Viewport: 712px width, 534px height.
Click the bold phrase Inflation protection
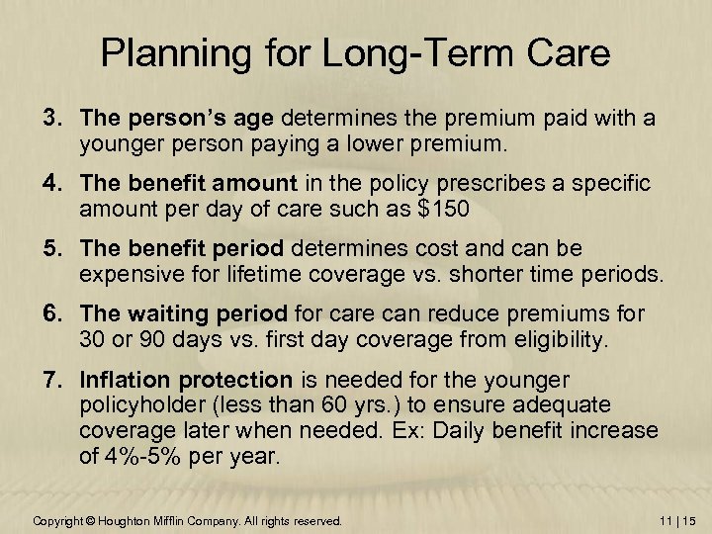tap(187, 380)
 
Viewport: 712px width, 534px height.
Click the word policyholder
tap(139, 404)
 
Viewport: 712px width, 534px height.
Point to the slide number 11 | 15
tap(674, 520)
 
